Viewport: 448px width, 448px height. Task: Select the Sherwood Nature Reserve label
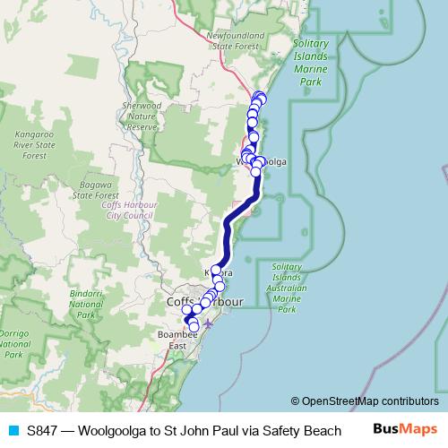(x=143, y=116)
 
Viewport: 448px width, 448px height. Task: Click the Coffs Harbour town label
(x=204, y=303)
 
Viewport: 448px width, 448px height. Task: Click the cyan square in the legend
(x=13, y=431)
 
